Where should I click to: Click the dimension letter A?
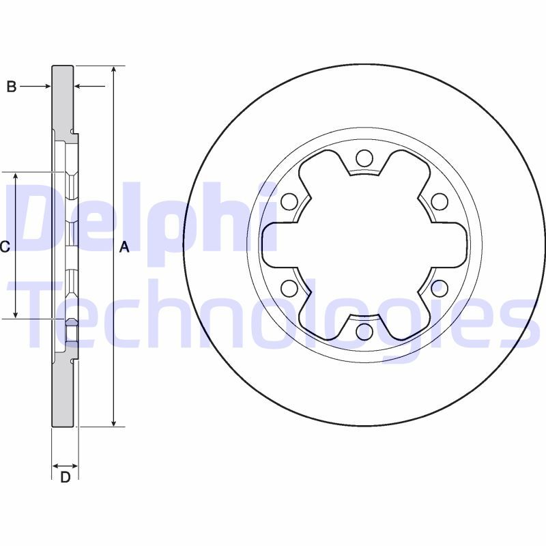[x=124, y=247]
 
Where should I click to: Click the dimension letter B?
[x=11, y=87]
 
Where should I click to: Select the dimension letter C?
[x=5, y=247]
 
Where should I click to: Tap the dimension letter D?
[x=66, y=477]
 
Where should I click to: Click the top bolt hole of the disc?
[x=364, y=159]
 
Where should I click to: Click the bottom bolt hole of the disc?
[x=364, y=332]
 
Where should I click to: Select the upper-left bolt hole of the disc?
[x=289, y=202]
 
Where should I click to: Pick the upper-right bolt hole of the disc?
[x=440, y=202]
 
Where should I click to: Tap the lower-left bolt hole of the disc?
[x=289, y=288]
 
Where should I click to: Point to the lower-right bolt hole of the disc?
[x=440, y=288]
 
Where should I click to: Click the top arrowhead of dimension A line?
[x=114, y=70]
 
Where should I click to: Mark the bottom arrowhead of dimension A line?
[x=114, y=422]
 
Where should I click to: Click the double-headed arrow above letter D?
[x=66, y=466]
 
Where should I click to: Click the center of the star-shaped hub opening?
[x=364, y=246]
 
